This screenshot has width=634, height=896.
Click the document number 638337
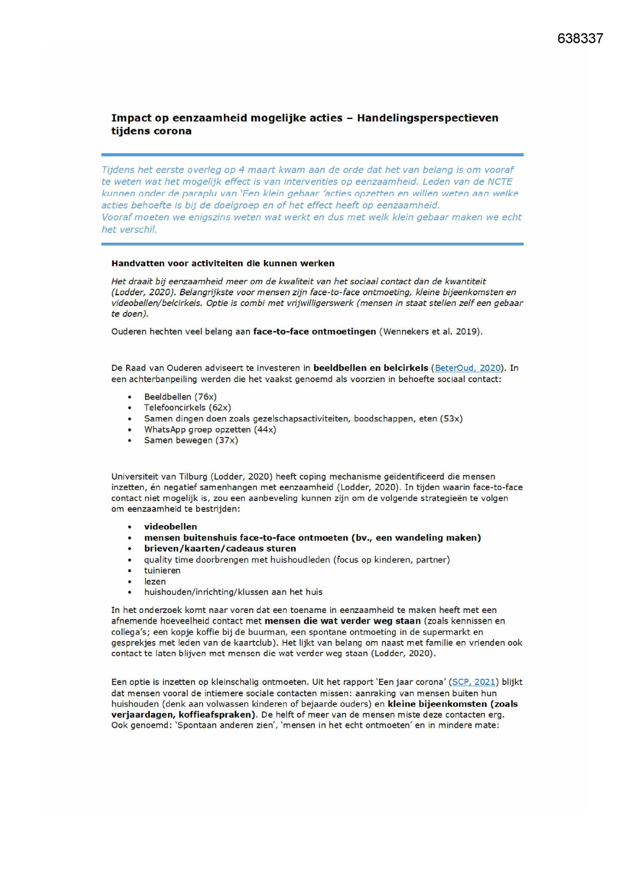pyautogui.click(x=580, y=39)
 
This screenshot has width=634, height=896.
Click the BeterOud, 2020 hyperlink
pyautogui.click(x=467, y=368)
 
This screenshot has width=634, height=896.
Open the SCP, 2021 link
pyautogui.click(x=474, y=682)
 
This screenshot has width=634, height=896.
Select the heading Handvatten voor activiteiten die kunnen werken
pyautogui.click(x=223, y=264)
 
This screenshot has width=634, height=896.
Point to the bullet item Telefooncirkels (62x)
pyautogui.click(x=187, y=408)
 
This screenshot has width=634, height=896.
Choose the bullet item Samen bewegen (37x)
pyautogui.click(x=191, y=440)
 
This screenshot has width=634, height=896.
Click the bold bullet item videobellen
pyautogui.click(x=170, y=527)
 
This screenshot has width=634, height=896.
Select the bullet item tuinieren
pyautogui.click(x=162, y=571)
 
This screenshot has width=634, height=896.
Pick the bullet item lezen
pyautogui.click(x=155, y=581)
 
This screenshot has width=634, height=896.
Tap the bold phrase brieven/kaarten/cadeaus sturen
pyautogui.click(x=220, y=549)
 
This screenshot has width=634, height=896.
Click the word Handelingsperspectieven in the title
pyautogui.click(x=427, y=118)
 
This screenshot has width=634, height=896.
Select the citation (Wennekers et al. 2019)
pyautogui.click(x=431, y=332)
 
